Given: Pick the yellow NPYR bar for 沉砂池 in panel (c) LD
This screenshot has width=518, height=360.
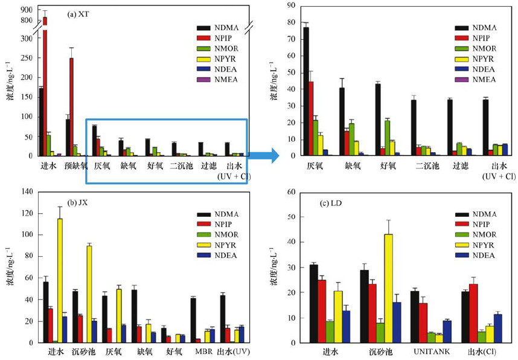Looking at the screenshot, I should pyautogui.click(x=388, y=288).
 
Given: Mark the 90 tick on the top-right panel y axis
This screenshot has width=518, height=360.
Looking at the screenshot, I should pyautogui.click(x=290, y=5).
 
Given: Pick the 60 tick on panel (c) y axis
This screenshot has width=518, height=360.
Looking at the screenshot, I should pyautogui.click(x=291, y=191).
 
